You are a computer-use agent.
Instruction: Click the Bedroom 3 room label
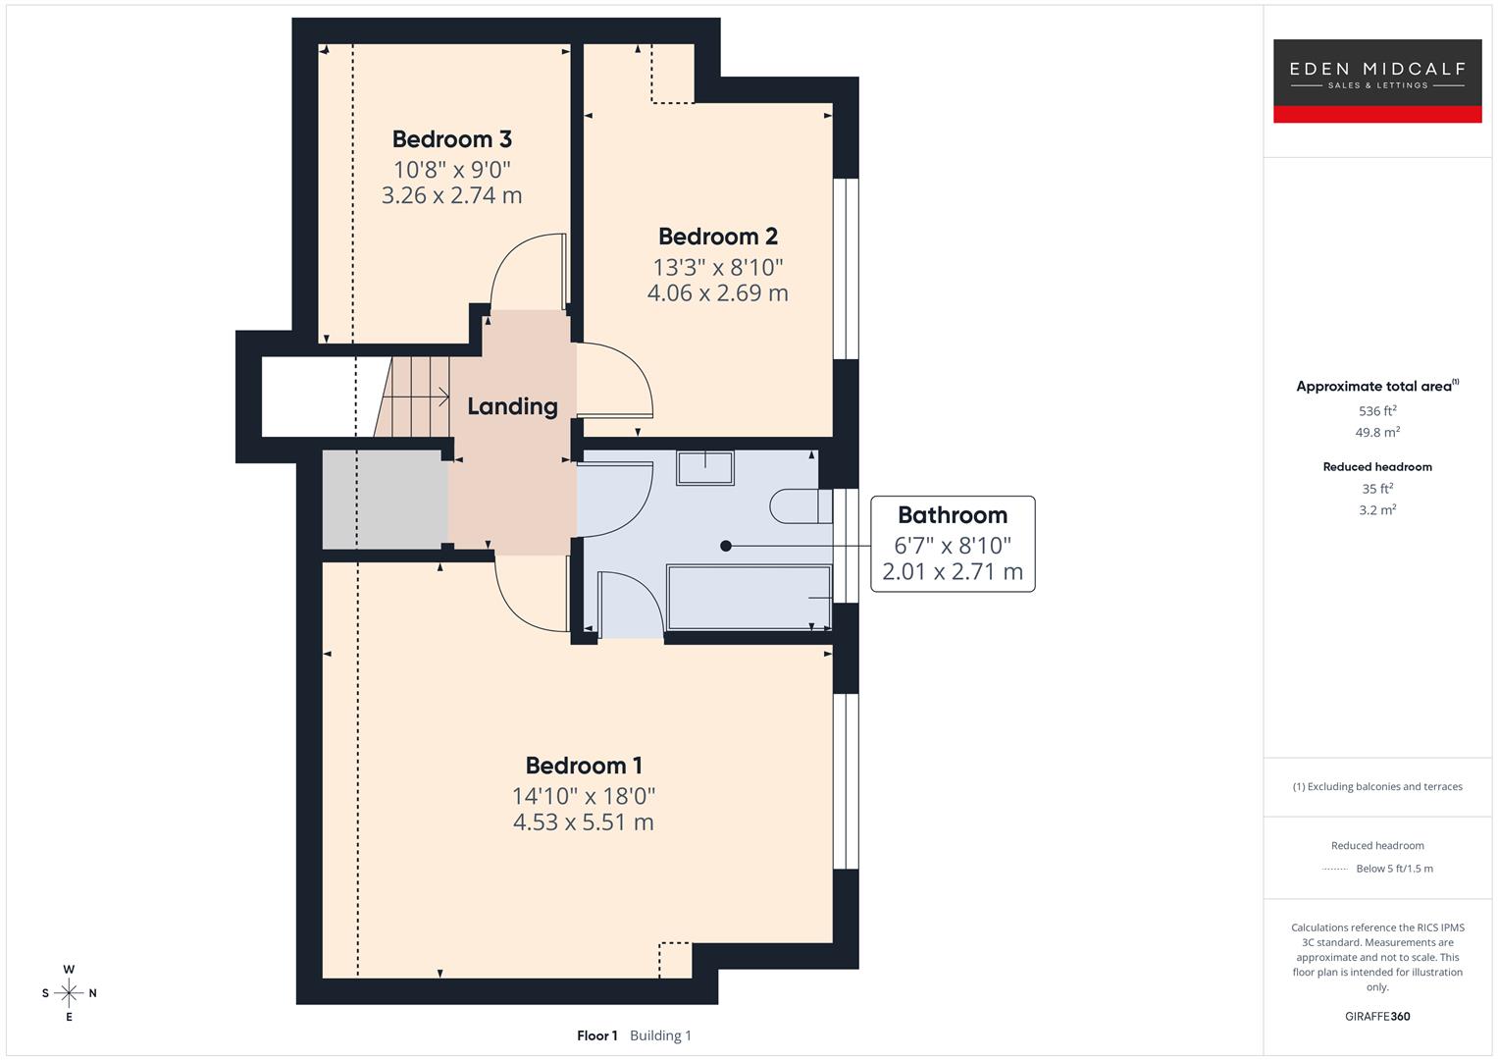pyautogui.click(x=451, y=139)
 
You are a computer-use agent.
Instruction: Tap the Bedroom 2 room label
pyautogui.click(x=717, y=237)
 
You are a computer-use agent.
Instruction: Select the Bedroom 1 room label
pyautogui.click(x=584, y=766)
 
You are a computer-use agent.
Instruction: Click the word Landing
pyautogui.click(x=512, y=406)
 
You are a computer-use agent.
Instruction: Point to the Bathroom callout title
pyautogui.click(x=952, y=515)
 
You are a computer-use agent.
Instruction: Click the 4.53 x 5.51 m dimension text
pyautogui.click(x=584, y=822)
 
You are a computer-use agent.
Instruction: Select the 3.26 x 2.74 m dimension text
pyautogui.click(x=451, y=195)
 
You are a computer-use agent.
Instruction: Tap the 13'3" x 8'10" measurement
pyautogui.click(x=717, y=267)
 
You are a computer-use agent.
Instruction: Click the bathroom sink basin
pyautogui.click(x=704, y=467)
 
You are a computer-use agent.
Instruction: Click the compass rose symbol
pyautogui.click(x=69, y=993)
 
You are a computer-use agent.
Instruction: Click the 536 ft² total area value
pyautogui.click(x=1376, y=411)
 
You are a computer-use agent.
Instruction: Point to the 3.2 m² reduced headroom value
pyautogui.click(x=1376, y=510)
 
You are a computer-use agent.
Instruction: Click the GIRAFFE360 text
pyautogui.click(x=1376, y=1017)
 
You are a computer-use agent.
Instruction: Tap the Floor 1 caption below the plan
pyautogui.click(x=596, y=1035)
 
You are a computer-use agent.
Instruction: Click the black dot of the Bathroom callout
pyautogui.click(x=726, y=546)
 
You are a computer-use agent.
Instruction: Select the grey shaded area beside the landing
pyautogui.click(x=385, y=500)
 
